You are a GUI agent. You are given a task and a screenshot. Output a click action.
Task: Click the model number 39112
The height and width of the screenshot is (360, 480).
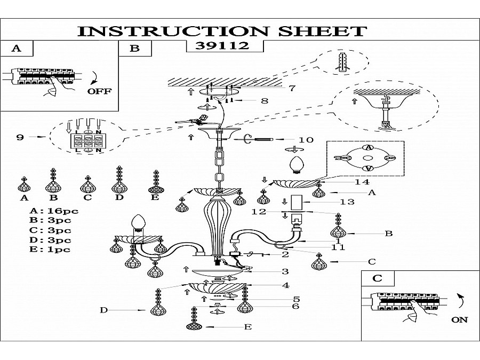pos(222,46)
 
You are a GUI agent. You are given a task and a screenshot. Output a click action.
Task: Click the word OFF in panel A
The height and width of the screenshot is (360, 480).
pos(100,91)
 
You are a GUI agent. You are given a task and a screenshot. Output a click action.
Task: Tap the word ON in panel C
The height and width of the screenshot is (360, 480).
pos(460,320)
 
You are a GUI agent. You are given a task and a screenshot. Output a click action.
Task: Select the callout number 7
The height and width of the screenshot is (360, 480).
pos(292,88)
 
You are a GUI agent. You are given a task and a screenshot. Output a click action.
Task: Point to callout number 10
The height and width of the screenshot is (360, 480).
pos(306,140)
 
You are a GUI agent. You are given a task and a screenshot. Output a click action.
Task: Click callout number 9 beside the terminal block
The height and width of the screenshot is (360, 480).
pos(20,137)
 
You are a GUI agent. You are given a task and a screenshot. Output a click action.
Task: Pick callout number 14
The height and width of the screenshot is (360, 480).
pos(362,182)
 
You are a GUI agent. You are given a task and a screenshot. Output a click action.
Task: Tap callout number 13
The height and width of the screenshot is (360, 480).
pos(347,202)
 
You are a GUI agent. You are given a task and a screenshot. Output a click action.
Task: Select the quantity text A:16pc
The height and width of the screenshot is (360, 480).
pos(54,211)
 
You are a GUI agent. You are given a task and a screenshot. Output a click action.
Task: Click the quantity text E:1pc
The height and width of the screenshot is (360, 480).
pos(50,249)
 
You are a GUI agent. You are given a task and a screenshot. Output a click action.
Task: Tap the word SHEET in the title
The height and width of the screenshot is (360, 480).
pos(322,31)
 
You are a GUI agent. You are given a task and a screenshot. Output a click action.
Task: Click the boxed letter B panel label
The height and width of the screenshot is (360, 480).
pos(135,49)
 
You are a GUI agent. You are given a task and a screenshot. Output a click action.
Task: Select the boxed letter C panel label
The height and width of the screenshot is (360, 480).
pos(378,278)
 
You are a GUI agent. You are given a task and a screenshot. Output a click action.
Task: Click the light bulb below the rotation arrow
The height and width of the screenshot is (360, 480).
pos(296,165)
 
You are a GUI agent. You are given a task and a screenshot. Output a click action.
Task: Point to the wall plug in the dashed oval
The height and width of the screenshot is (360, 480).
pos(343,62)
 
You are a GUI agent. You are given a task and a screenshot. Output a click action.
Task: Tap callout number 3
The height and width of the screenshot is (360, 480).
pos(285,271)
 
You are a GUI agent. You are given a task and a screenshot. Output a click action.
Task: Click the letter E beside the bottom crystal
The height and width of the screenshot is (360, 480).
pos(248,327)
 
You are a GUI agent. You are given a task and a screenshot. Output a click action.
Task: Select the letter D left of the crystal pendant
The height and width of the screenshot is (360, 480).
pos(104,310)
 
